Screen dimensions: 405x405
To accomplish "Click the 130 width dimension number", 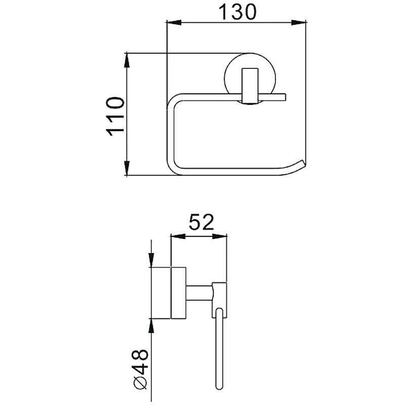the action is (237, 12).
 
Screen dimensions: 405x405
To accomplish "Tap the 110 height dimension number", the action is (115, 116).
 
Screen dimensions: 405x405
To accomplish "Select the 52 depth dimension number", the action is (201, 222).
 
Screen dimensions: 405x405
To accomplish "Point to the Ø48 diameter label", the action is (140, 370).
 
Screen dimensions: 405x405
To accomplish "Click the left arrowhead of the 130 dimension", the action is (174, 23).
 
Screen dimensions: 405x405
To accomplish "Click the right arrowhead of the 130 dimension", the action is (299, 23).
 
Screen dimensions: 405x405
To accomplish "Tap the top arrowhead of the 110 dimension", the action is (127, 60).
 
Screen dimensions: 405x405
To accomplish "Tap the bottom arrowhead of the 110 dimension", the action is (127, 168).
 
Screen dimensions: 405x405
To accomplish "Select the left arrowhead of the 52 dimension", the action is (178, 236).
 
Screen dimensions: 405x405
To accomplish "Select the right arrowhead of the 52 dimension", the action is (220, 236).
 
